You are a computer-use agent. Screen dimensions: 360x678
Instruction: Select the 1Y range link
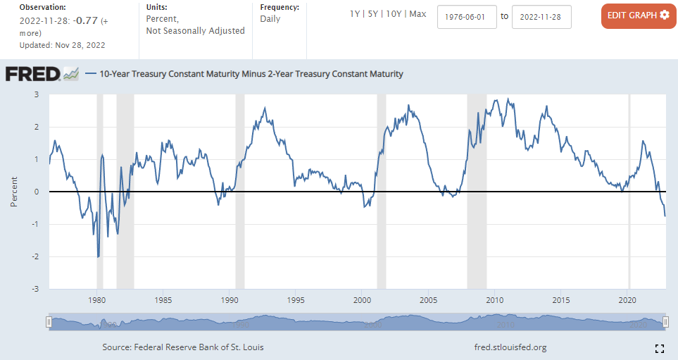pyautogui.click(x=356, y=14)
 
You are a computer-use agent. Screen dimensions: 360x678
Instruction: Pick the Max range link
pyautogui.click(x=418, y=14)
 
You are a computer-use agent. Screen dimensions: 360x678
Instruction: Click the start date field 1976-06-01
pyautogui.click(x=467, y=16)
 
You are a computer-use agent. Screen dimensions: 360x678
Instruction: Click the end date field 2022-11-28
pyautogui.click(x=541, y=16)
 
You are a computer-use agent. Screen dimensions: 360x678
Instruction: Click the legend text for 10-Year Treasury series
pyautogui.click(x=251, y=73)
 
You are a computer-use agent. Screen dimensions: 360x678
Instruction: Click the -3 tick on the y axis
pyautogui.click(x=37, y=289)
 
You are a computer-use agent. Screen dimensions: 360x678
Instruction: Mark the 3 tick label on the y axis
pyautogui.click(x=37, y=94)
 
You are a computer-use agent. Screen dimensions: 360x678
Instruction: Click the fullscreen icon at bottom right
pyautogui.click(x=660, y=348)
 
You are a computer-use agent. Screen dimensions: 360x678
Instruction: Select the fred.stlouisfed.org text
pyautogui.click(x=511, y=347)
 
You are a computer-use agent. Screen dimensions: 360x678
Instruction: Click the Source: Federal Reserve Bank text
pyautogui.click(x=183, y=347)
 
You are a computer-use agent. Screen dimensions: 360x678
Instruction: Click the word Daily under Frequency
pyautogui.click(x=270, y=19)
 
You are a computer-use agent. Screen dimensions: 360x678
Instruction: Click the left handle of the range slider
pyautogui.click(x=49, y=323)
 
